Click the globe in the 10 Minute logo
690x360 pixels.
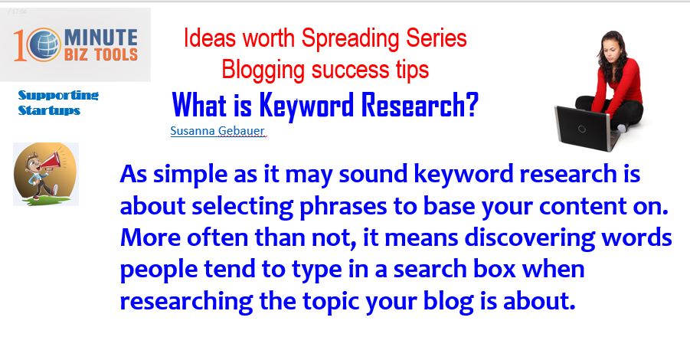tap(44, 44)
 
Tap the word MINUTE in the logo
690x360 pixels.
tap(101, 37)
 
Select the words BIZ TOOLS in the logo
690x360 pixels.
tap(101, 54)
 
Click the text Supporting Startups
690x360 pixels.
tap(58, 102)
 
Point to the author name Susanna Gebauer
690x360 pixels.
tap(217, 131)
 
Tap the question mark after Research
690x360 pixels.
tap(473, 104)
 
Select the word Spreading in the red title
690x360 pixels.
tap(351, 38)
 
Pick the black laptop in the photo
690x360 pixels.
tap(586, 128)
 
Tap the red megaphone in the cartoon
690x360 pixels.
tap(51, 161)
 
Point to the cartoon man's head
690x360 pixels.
tap(33, 161)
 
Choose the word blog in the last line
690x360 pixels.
tap(448, 302)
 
